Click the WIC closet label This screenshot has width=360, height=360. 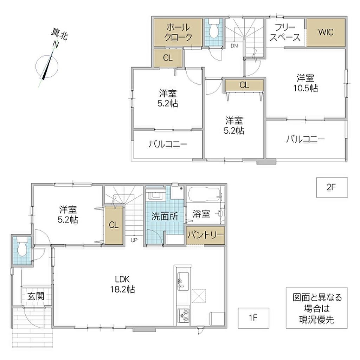coord(326,32)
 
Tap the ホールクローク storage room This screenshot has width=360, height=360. coord(178,32)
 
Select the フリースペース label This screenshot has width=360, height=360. coord(285,32)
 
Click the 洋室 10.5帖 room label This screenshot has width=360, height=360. coord(306,83)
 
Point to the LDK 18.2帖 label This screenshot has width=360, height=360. coord(122,284)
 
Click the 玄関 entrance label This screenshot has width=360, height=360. coord(36,296)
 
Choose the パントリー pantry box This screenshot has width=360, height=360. coord(205,235)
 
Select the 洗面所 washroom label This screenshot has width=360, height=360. coord(165,216)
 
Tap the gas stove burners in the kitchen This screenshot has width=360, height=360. coord(183,315)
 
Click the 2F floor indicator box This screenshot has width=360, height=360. coord(332,187)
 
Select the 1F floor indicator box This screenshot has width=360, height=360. coord(253,318)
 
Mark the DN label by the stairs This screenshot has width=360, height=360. coord(234,46)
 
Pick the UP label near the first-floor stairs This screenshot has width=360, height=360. coord(134,240)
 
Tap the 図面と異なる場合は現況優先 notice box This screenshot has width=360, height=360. coord(317,308)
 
